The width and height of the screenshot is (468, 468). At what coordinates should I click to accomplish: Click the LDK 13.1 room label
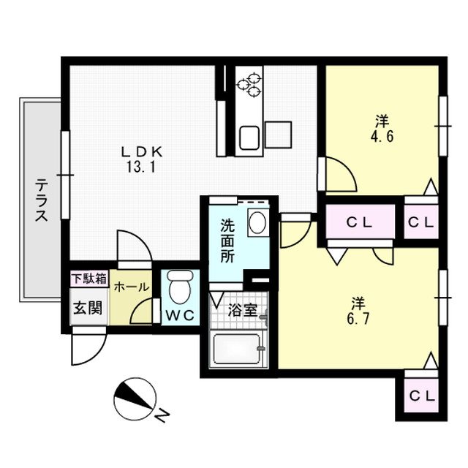140,157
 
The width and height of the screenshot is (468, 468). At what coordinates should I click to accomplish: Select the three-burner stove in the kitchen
250,82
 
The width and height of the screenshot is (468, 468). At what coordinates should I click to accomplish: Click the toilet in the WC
178,287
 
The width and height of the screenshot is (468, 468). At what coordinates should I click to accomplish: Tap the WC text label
178,317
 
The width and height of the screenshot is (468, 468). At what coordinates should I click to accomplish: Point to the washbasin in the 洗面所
257,222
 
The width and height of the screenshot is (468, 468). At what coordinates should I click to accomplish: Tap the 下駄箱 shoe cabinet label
89,279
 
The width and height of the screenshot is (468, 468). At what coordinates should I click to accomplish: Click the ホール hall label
132,287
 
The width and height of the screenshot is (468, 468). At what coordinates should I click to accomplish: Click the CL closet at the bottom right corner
420,396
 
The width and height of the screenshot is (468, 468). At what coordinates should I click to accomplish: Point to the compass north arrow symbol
134,398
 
